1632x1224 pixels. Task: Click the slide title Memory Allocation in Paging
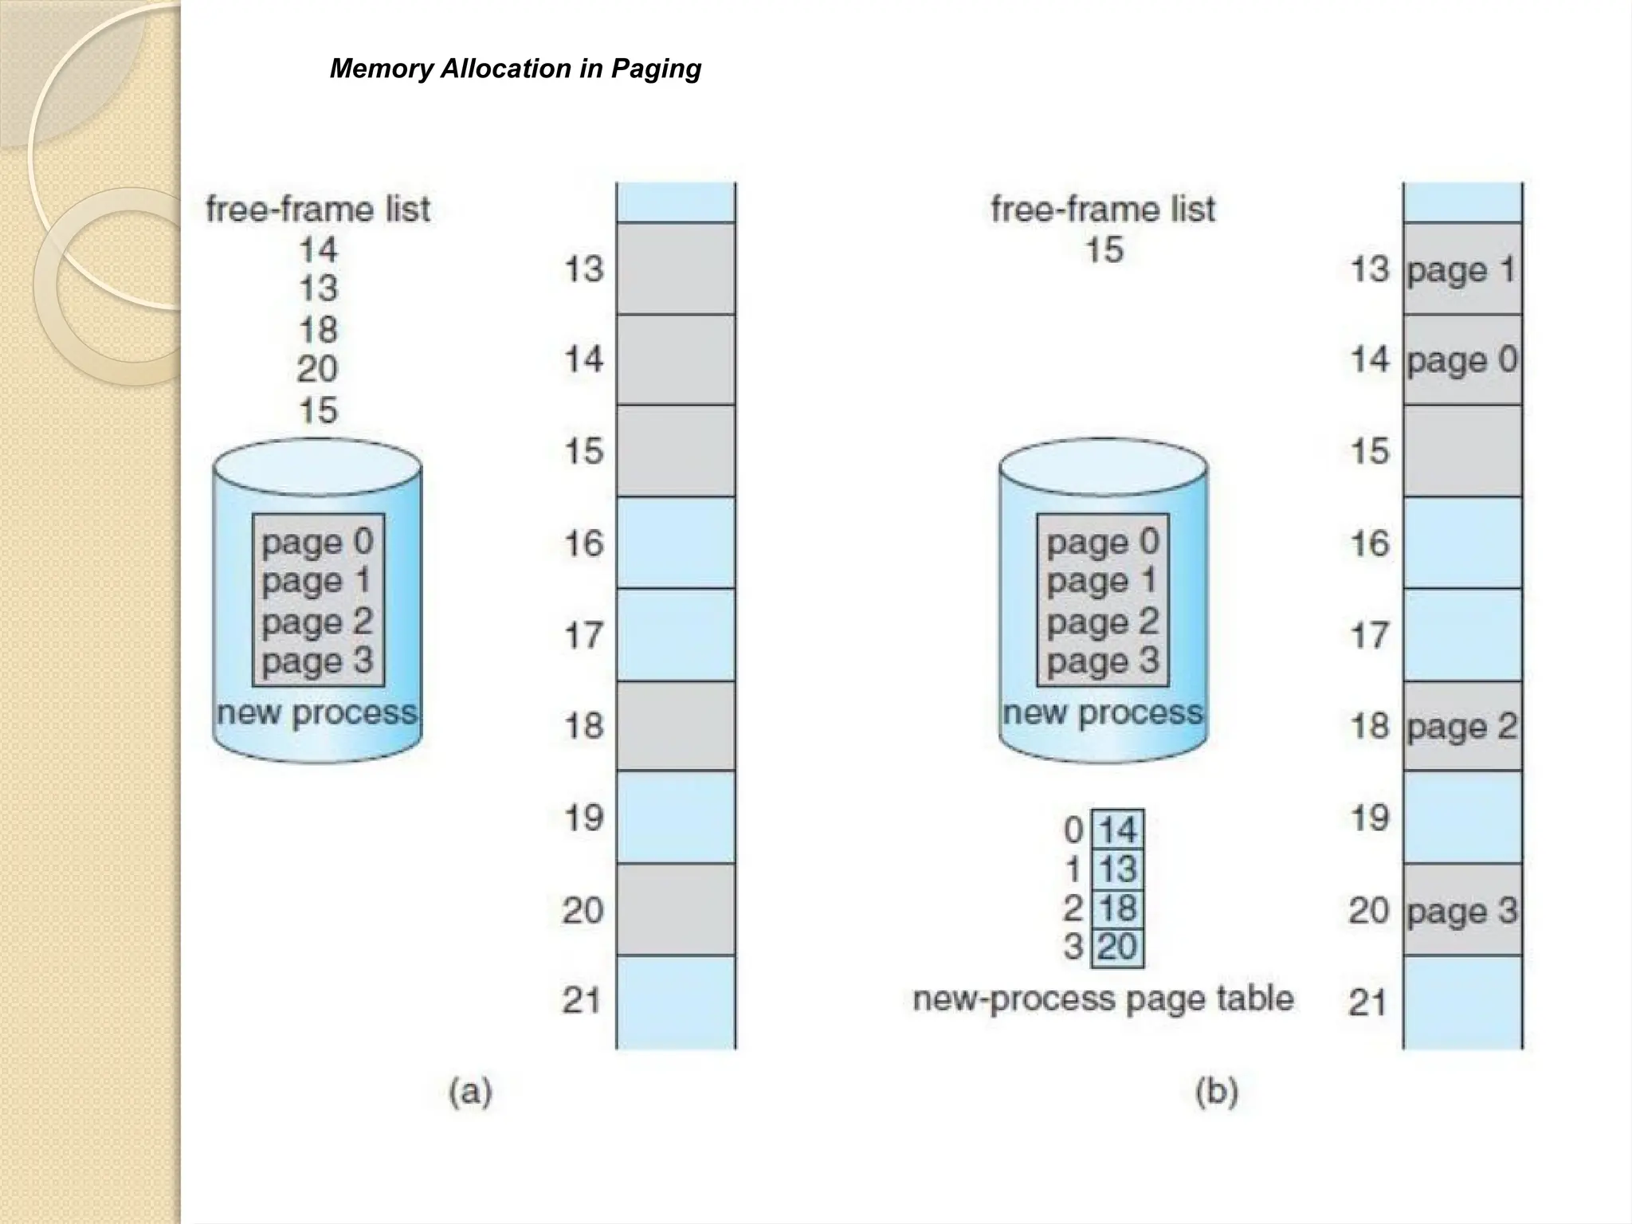point(516,69)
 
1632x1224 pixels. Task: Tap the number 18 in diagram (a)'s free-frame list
point(318,330)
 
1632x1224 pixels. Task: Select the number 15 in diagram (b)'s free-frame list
point(1104,250)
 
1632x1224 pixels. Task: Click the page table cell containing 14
point(1117,830)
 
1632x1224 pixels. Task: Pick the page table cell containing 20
point(1117,947)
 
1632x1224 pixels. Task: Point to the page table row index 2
point(1073,908)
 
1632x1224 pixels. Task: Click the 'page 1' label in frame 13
point(1461,269)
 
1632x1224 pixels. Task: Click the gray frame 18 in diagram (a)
point(676,726)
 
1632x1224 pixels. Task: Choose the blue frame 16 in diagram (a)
point(676,543)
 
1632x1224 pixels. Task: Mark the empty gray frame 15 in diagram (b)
point(1462,451)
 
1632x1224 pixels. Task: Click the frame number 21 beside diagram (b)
point(1368,1002)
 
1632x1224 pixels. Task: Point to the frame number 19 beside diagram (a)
point(583,818)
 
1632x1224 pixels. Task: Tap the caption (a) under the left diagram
point(470,1091)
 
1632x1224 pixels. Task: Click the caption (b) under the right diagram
point(1216,1091)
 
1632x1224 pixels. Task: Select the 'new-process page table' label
point(1103,998)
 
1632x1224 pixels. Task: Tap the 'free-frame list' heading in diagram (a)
point(318,210)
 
